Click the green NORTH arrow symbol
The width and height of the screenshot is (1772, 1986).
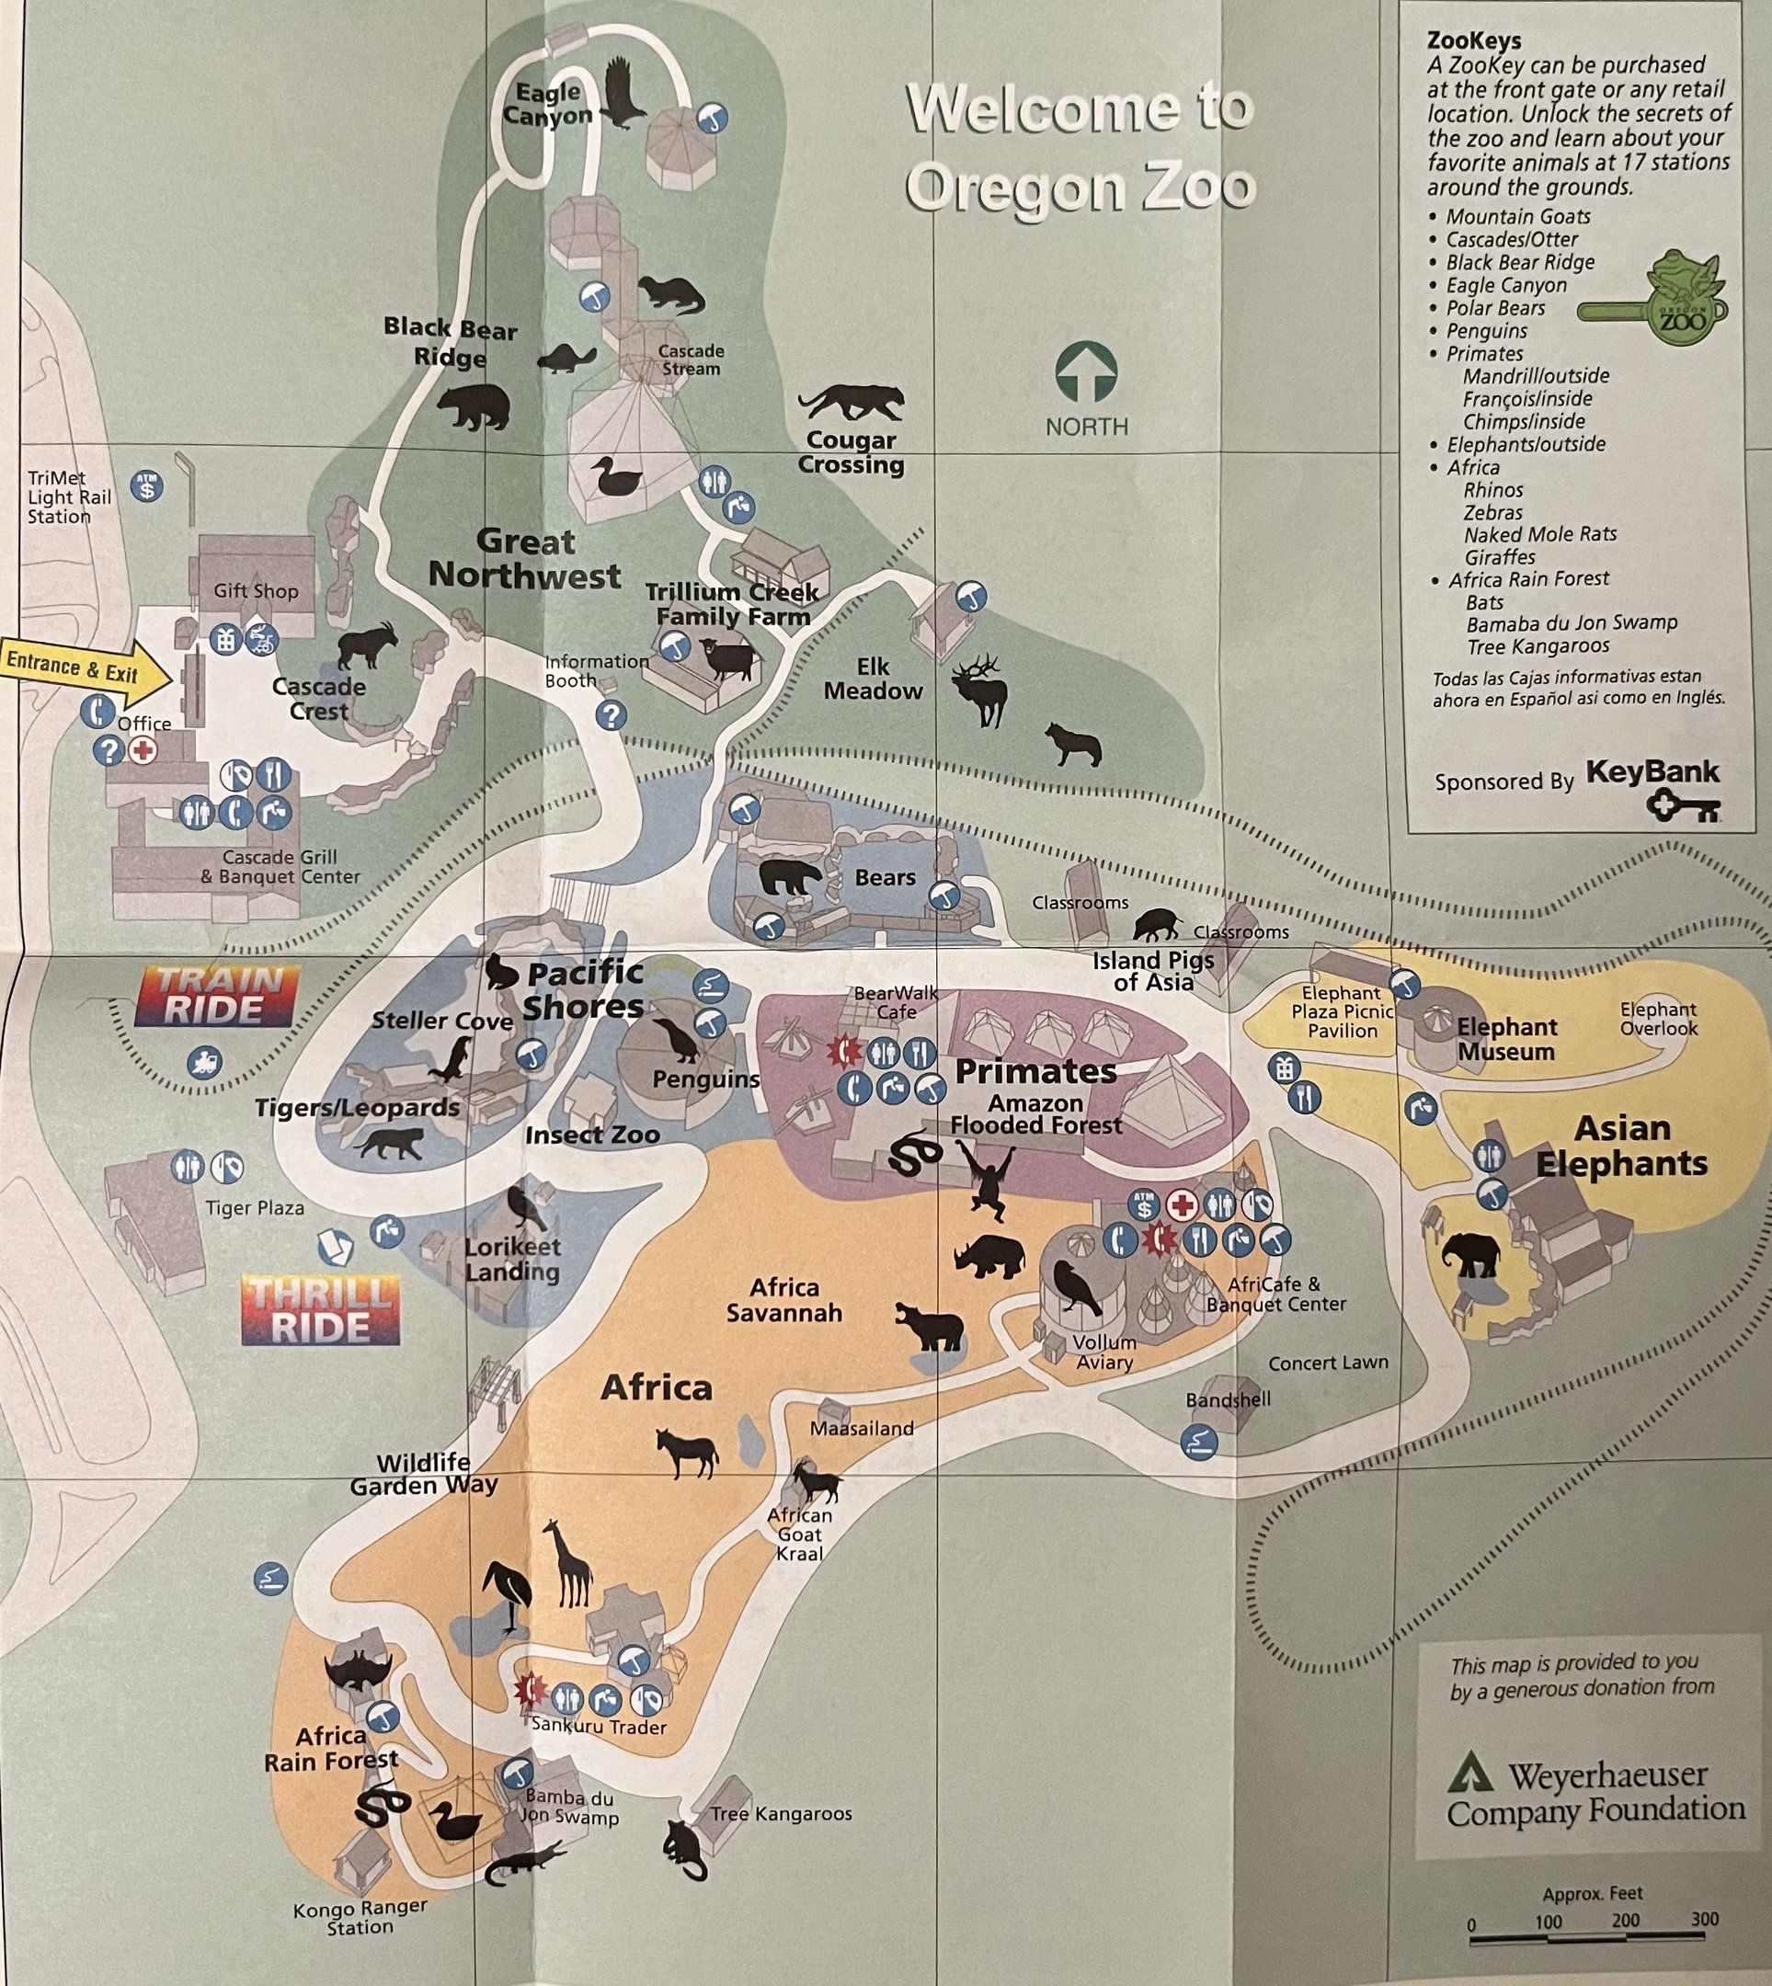coord(1086,371)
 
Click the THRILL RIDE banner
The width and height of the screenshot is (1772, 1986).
coord(320,1310)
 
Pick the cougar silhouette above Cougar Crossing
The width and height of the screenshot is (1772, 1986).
coord(851,402)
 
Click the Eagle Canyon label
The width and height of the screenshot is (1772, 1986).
coord(548,104)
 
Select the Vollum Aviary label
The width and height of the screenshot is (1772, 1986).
coord(1104,1353)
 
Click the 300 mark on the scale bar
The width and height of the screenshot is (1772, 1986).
coord(1704,1919)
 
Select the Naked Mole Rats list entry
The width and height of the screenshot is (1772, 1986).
coord(1539,534)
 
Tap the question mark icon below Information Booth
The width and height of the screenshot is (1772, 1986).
coord(611,716)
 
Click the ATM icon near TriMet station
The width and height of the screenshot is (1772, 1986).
coord(148,485)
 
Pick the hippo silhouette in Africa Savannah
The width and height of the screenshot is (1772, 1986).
coord(930,1326)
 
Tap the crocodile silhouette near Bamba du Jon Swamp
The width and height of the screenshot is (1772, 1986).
coord(524,1865)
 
